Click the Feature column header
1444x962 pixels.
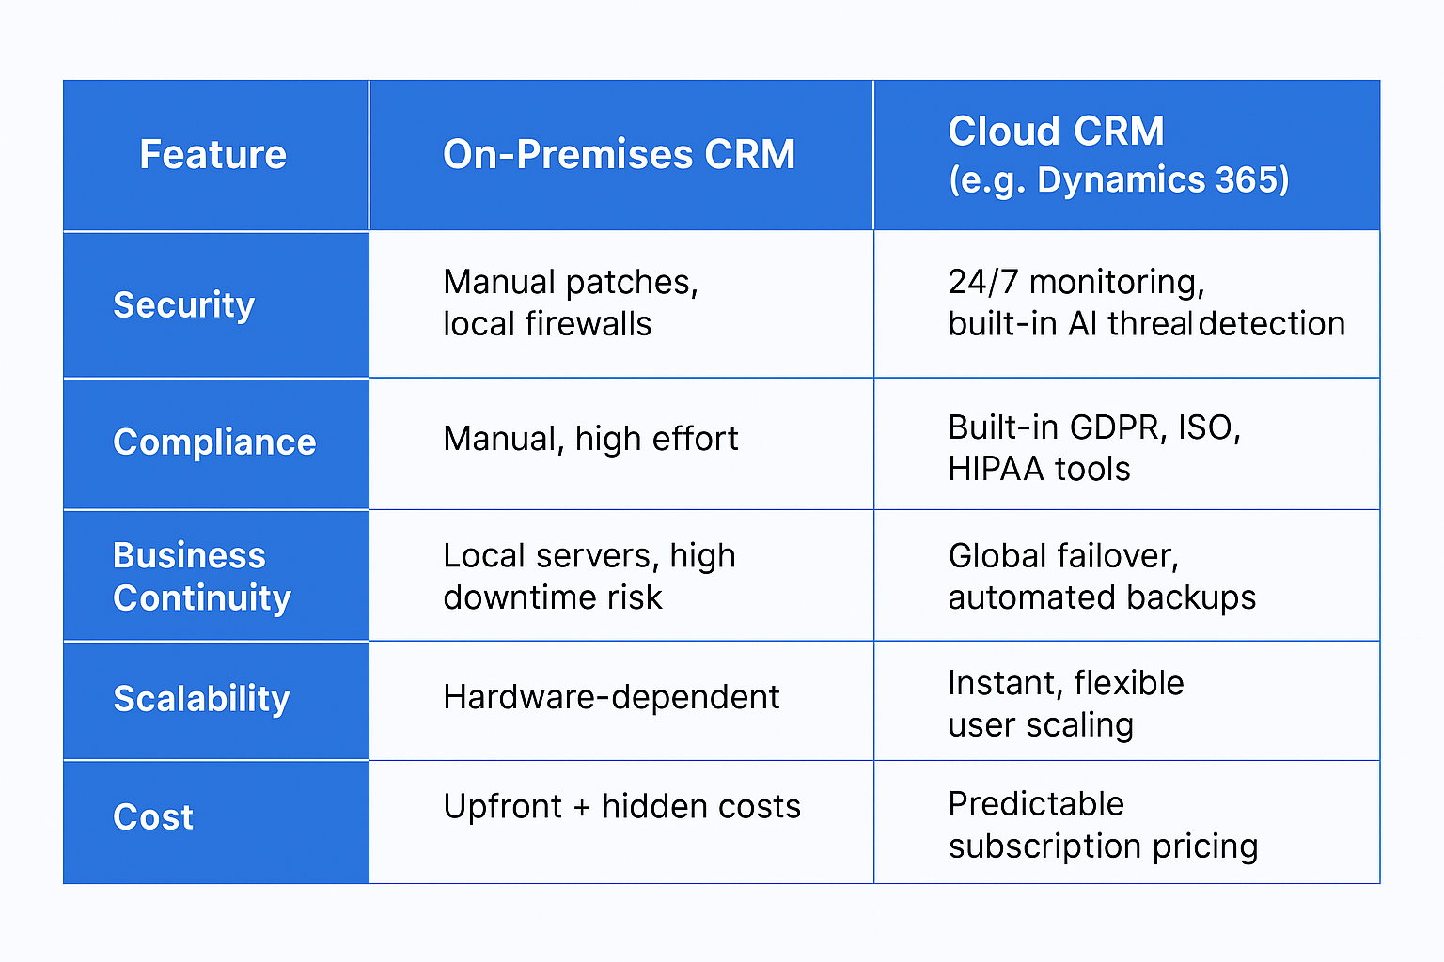tap(212, 155)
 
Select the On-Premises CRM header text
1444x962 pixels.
tap(619, 155)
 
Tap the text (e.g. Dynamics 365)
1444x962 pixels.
tap(1119, 179)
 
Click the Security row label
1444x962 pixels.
tap(183, 305)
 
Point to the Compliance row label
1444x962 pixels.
tap(214, 442)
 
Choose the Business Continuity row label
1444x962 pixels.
tap(202, 577)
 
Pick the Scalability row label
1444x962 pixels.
tap(201, 699)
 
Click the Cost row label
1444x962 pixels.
tap(153, 817)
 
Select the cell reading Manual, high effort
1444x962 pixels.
tap(590, 440)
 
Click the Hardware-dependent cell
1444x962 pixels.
tap(611, 697)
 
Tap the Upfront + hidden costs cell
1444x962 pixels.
tap(622, 806)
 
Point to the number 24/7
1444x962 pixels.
tap(983, 282)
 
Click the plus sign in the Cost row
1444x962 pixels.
tap(582, 807)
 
